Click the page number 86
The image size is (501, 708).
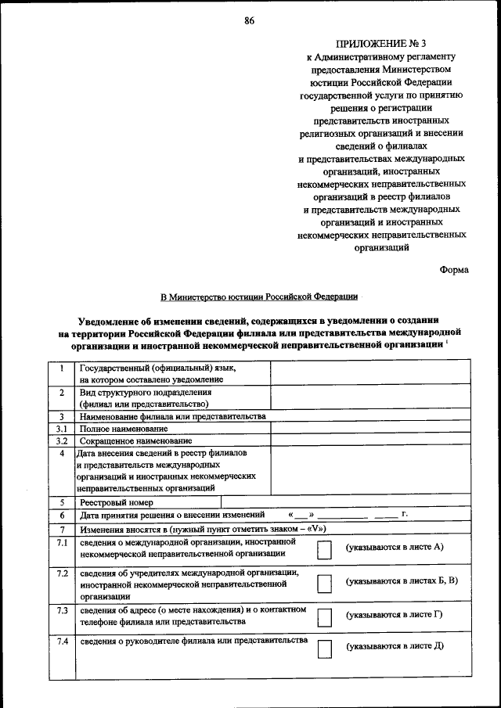click(x=249, y=20)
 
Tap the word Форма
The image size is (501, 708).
click(x=454, y=269)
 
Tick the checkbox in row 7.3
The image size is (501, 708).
click(x=324, y=616)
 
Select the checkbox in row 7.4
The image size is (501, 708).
click(x=324, y=649)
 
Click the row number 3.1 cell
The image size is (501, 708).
click(x=60, y=429)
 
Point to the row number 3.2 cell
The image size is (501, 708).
click(x=60, y=440)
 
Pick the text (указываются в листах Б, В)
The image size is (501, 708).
click(x=402, y=581)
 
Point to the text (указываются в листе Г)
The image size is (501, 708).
click(x=395, y=614)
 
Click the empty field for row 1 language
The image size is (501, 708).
click(x=370, y=373)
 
